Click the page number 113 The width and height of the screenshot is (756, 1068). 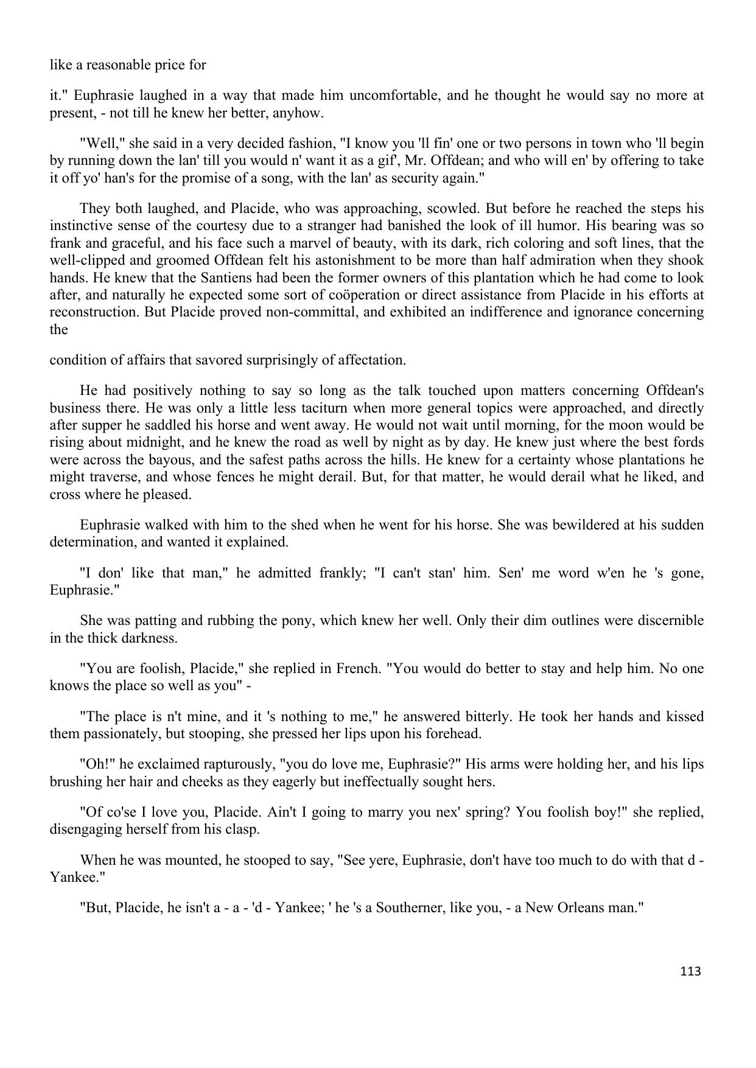[690, 971]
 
